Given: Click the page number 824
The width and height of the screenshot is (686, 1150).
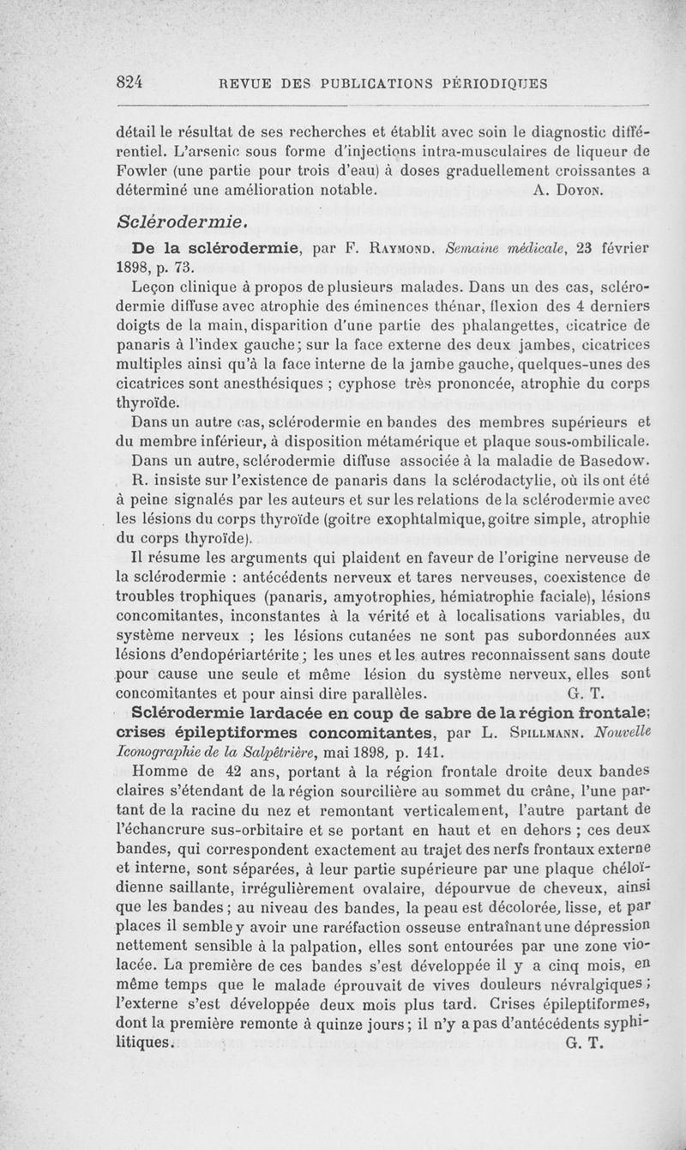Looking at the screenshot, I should pos(132,83).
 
